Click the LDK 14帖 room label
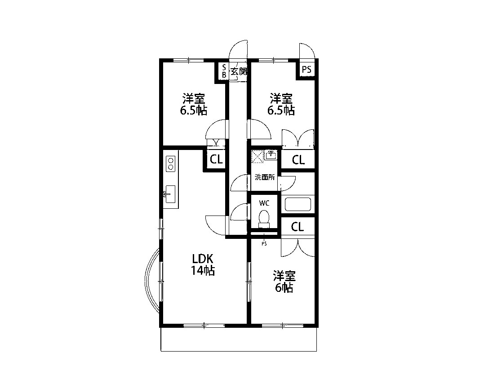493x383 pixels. click(203, 264)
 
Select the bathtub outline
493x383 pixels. click(298, 204)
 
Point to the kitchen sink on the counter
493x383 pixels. click(170, 194)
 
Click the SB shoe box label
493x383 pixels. click(224, 71)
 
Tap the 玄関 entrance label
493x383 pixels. click(239, 71)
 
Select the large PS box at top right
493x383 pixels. click(306, 70)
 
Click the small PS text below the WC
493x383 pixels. click(264, 243)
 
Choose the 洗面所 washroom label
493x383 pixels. click(264, 177)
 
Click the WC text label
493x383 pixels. click(264, 203)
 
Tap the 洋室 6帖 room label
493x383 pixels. click(284, 282)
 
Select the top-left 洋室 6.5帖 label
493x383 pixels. click(194, 104)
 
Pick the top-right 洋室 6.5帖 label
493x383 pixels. click(281, 104)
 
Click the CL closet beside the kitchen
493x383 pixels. click(216, 159)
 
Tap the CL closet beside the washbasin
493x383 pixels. click(298, 160)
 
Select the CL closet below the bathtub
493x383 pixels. click(297, 227)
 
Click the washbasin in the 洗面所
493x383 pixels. click(271, 155)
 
